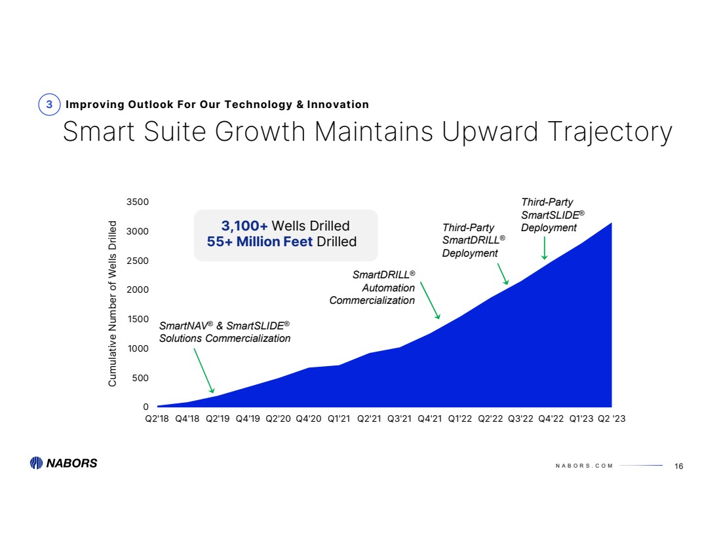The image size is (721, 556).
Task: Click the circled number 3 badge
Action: [49, 105]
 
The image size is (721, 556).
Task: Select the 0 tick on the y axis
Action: [146, 407]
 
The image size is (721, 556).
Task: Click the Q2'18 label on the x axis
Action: [157, 420]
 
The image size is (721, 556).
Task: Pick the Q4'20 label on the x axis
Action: [308, 420]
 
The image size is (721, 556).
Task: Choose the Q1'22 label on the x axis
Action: [460, 420]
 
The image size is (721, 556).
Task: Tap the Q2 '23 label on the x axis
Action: [612, 420]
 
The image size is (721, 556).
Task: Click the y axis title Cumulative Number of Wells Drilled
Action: [113, 303]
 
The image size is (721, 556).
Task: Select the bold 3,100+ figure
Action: [244, 227]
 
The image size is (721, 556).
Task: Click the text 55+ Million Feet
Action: [260, 242]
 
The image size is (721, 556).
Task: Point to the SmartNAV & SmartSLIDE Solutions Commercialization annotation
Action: [225, 332]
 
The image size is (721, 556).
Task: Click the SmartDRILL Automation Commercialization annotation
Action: [372, 287]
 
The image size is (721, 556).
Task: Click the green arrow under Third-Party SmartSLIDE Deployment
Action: [545, 248]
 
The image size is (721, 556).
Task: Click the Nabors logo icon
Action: [37, 463]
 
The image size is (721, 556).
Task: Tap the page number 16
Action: [678, 466]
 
